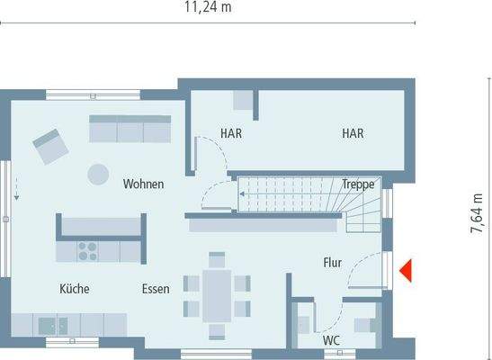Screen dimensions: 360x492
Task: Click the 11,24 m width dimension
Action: coord(209,9)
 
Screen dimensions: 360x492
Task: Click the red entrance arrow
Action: coord(407,269)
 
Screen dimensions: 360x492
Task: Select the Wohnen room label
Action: coord(144,184)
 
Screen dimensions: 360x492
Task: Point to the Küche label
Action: coord(75,290)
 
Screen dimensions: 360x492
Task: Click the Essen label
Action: coord(156,290)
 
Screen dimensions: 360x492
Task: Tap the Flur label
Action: coord(333,263)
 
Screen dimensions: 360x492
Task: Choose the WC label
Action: coord(331,341)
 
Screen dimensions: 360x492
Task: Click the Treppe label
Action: coord(358,184)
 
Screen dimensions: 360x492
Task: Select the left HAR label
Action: coord(231,133)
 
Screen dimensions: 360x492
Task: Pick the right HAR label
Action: coord(352,133)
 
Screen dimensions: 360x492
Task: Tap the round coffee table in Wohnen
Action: coord(94,174)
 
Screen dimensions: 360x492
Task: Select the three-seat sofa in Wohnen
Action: coord(130,129)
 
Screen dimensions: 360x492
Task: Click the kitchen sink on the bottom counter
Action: coord(49,322)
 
